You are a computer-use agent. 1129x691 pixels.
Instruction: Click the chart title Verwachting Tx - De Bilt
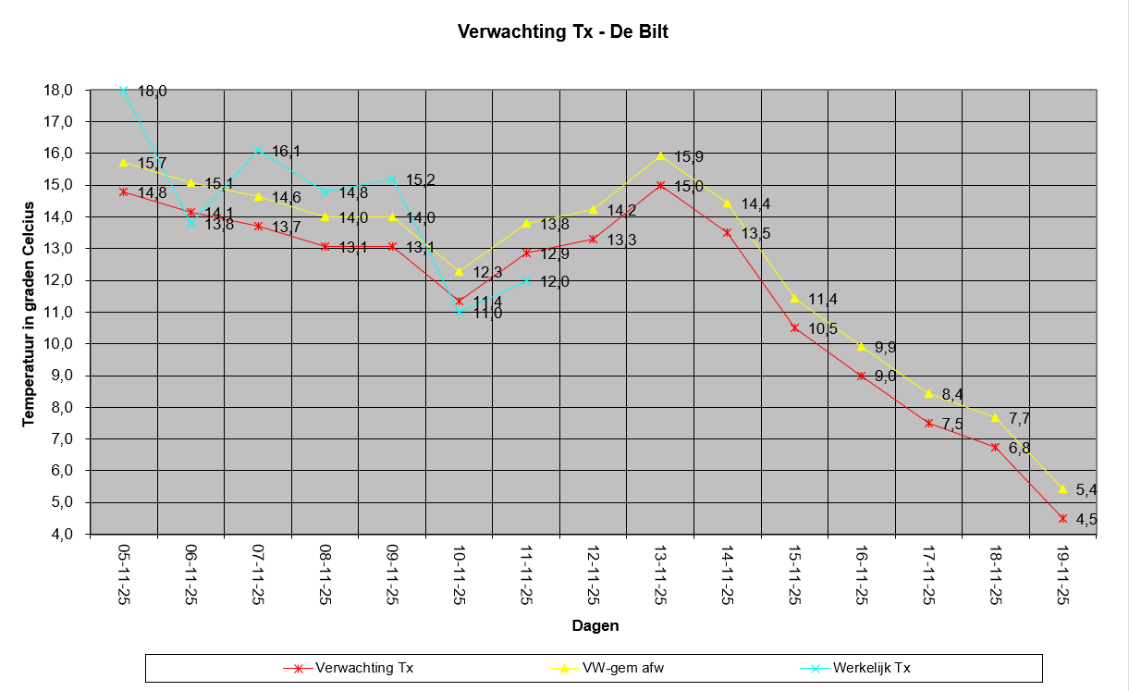563,31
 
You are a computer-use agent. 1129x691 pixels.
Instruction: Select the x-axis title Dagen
595,625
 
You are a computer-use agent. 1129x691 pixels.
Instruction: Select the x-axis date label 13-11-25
660,574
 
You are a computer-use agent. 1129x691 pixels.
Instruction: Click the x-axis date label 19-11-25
1063,574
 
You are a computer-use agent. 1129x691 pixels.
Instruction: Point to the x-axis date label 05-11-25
124,574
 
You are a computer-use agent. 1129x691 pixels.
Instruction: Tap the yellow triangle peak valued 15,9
660,155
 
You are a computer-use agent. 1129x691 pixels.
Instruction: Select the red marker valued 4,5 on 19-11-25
1063,518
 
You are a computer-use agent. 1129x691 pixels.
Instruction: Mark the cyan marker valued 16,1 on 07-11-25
258,150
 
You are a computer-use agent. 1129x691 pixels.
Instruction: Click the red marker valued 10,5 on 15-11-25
794,327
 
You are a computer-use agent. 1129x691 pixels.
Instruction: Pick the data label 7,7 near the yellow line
1019,419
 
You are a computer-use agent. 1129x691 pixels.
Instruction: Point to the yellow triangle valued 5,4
1063,488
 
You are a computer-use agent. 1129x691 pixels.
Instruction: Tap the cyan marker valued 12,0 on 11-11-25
526,280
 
